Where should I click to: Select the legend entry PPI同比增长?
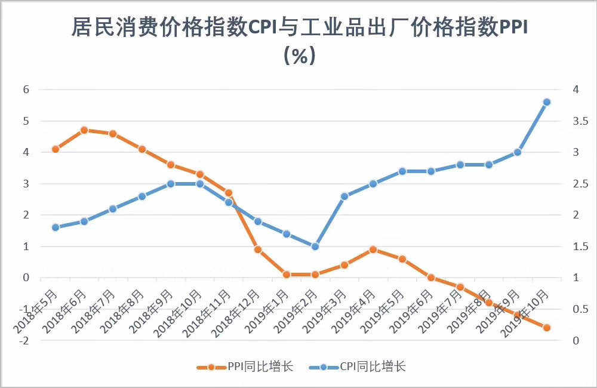click(x=245, y=366)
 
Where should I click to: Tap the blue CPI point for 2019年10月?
click(x=546, y=102)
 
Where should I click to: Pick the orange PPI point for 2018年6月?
click(x=84, y=130)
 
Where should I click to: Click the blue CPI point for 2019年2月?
click(x=315, y=246)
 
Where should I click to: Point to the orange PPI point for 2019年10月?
click(x=546, y=327)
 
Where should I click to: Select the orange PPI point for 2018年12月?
click(x=258, y=250)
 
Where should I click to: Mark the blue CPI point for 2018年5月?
click(x=56, y=227)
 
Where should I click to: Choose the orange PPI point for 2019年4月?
click(x=373, y=250)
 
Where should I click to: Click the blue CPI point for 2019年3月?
click(x=344, y=196)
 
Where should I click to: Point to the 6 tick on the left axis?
click(x=26, y=90)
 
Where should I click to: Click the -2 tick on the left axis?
click(x=24, y=340)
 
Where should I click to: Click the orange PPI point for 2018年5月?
click(x=56, y=149)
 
